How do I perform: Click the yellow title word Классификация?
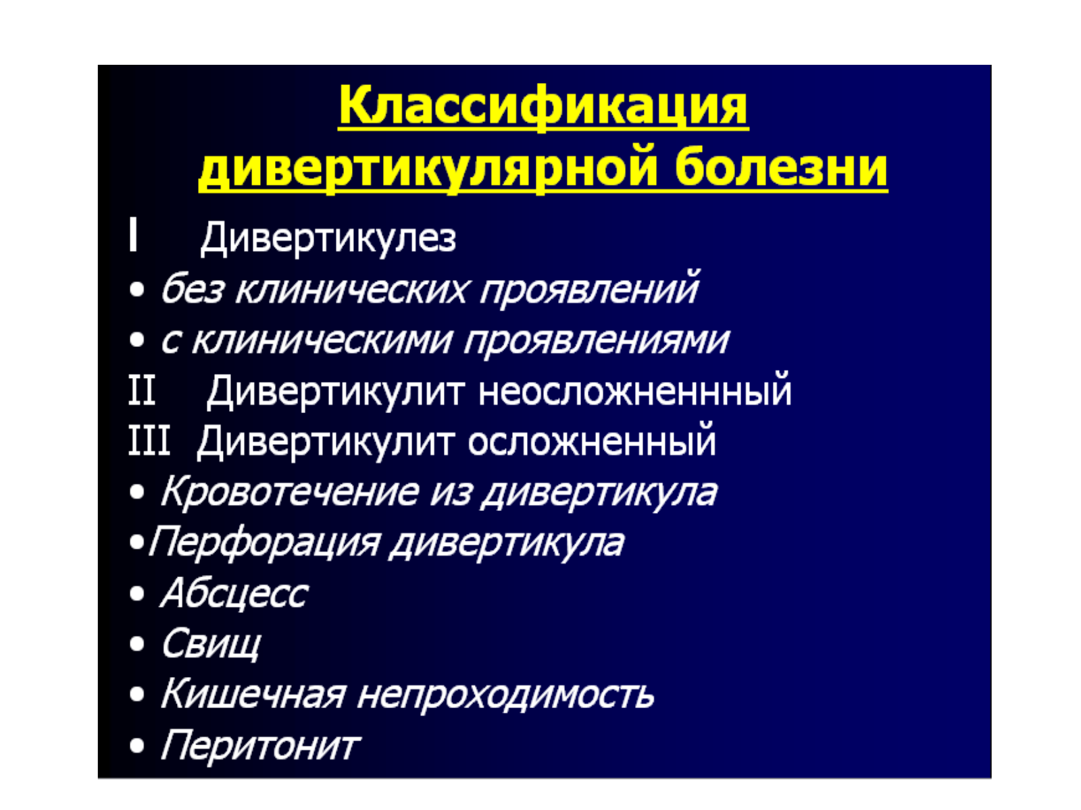coord(543,107)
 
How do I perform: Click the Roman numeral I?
coord(132,235)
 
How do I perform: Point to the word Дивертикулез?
coord(328,238)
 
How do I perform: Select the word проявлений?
coord(589,289)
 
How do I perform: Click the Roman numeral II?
coord(142,391)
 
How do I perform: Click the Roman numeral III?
coord(149,441)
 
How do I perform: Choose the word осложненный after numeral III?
coord(591,441)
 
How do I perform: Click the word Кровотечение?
coord(289,492)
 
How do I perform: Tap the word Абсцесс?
coord(234,593)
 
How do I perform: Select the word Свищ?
coord(211,644)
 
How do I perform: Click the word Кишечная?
coord(253,695)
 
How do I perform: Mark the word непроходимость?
coord(505,696)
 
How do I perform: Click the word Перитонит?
coord(260,746)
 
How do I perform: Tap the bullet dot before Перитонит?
coord(137,747)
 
